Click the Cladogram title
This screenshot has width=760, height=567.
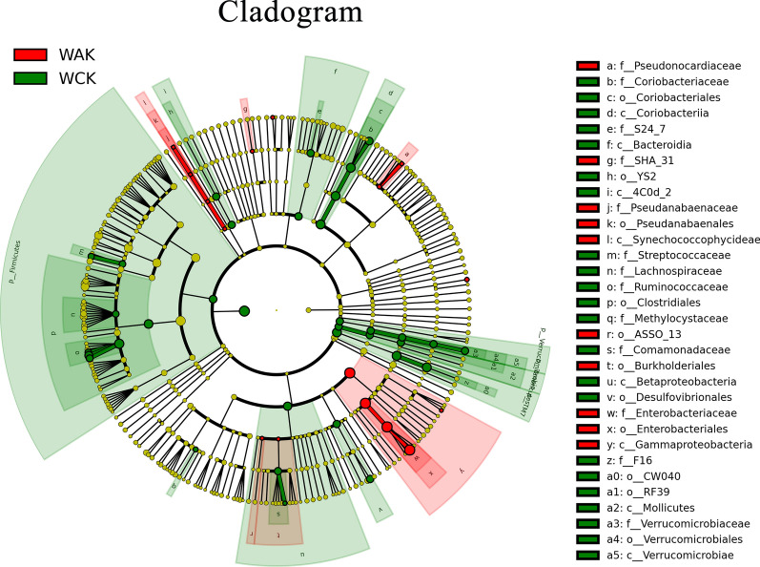(276, 13)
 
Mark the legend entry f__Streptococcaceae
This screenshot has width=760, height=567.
(654, 255)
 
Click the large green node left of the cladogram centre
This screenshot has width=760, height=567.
(244, 309)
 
